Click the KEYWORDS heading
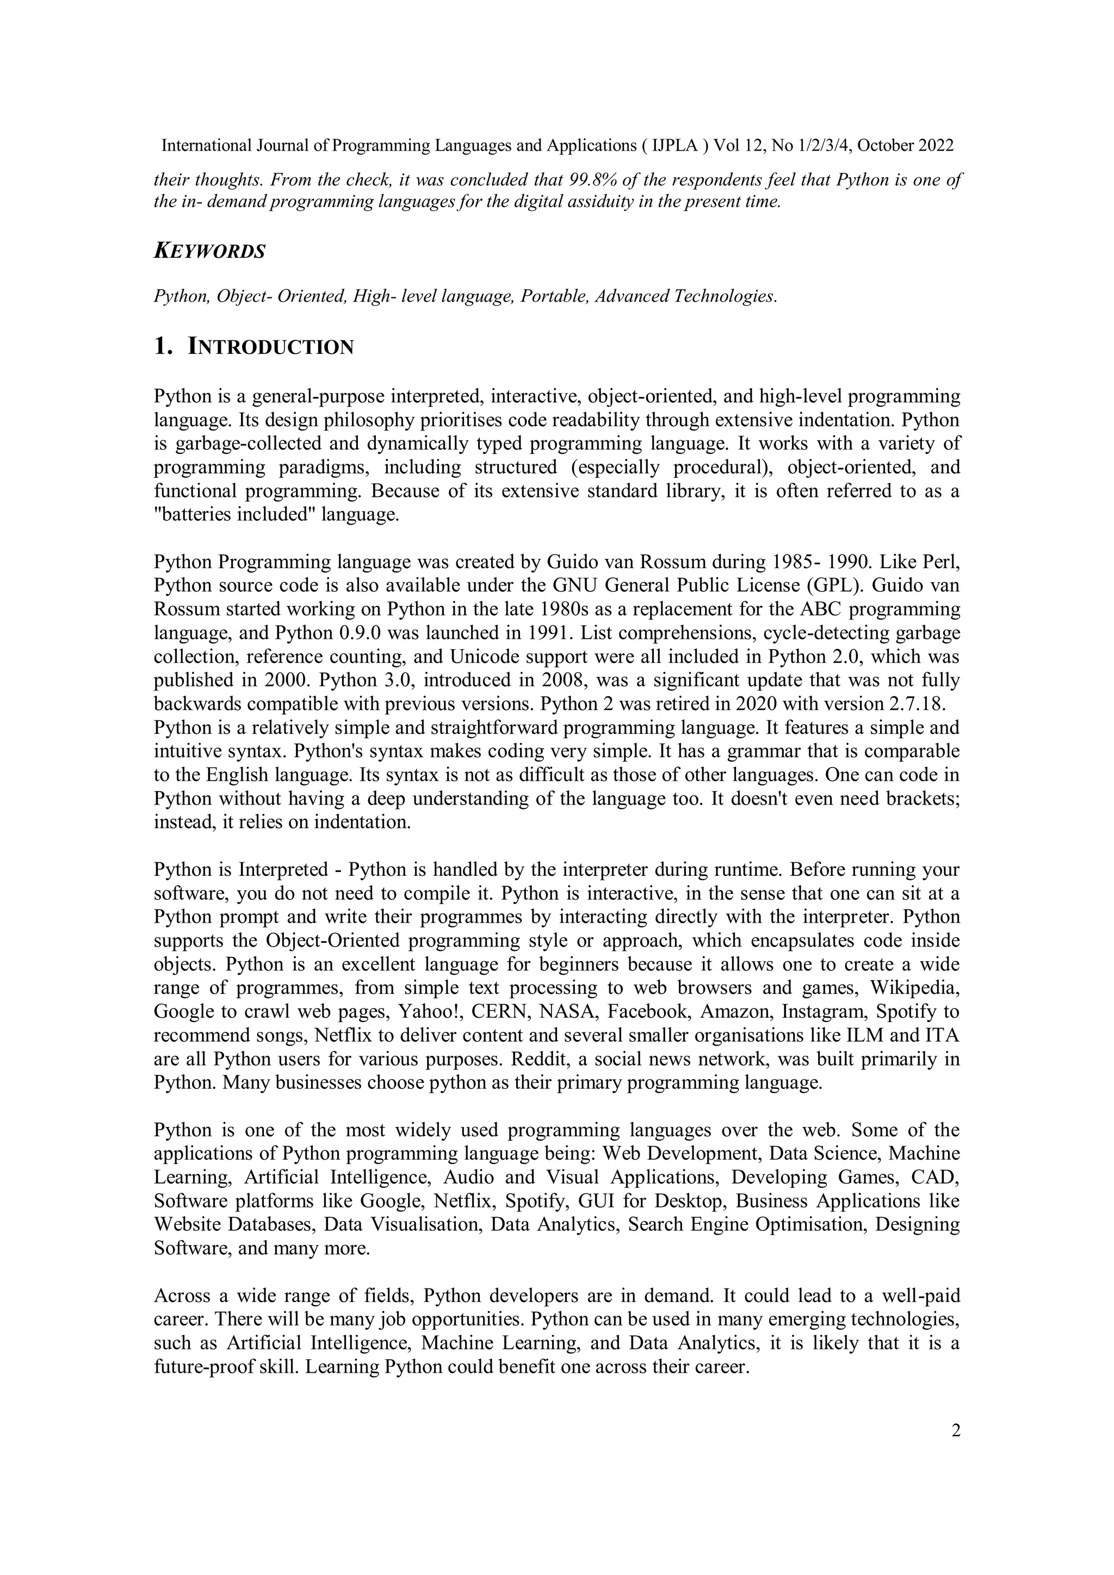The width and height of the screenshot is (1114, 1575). [x=209, y=251]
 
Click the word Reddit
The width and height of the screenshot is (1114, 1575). [x=541, y=1059]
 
